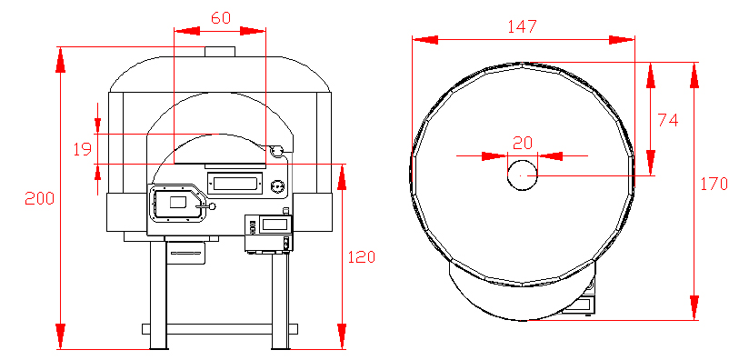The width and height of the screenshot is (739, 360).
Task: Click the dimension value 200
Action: point(40,199)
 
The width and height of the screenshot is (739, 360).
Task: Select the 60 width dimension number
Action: point(221,18)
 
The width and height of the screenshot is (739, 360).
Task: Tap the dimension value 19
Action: point(83,149)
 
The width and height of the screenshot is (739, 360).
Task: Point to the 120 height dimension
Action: point(362,256)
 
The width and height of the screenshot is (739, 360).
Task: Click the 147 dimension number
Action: point(522,26)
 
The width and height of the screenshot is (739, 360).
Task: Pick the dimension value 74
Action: point(668,121)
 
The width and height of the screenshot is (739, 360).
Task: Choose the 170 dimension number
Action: point(714,184)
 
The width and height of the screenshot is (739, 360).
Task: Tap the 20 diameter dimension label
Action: point(522,143)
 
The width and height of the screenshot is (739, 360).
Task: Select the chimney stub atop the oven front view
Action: point(220,51)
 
